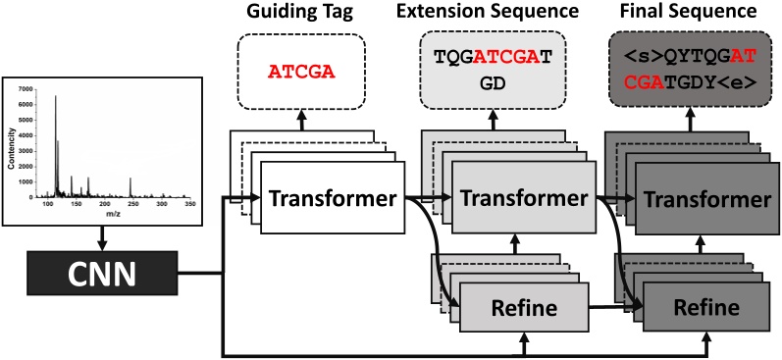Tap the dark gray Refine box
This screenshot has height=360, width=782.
click(x=706, y=307)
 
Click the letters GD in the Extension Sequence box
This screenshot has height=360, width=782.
click(x=490, y=85)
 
